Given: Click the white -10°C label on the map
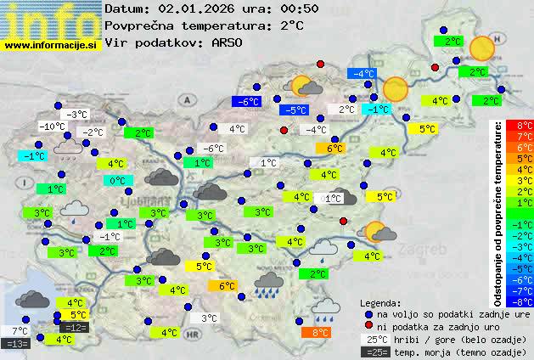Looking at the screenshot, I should pos(53,127).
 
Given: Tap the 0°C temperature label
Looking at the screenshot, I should pos(117,180).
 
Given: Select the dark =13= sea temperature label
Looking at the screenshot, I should pos(16,343).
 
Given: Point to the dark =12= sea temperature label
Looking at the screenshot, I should pos(74,327).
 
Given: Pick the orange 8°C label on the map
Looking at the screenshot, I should pos(320,333).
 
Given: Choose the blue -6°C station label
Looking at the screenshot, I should pos(246,102).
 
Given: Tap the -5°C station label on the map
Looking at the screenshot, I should pos(295,110).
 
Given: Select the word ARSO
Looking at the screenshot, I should pos(228,42).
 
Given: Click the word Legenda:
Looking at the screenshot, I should pos(380,302).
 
